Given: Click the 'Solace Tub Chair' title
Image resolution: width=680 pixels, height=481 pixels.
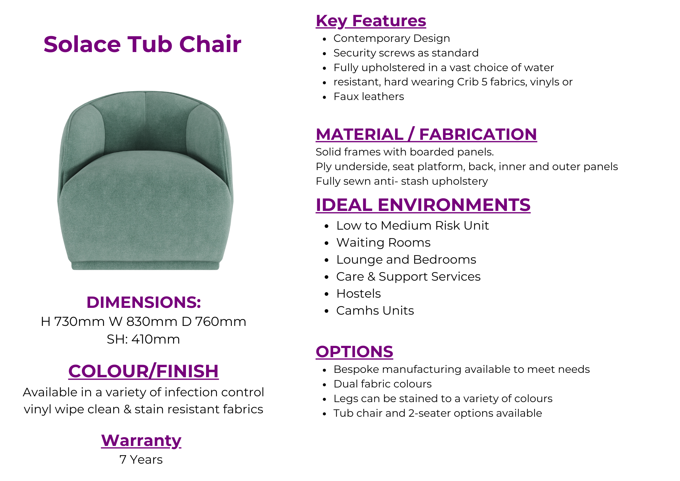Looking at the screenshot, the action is tap(142, 44).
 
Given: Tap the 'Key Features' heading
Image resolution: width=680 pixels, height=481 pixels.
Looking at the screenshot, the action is tap(371, 21).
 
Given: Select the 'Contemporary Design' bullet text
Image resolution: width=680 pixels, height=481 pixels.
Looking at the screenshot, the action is tap(392, 38).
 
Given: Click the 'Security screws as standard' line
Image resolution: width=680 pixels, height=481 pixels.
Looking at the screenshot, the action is tap(406, 53).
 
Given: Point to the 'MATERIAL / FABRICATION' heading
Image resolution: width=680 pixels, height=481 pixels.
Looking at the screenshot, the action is tap(426, 134).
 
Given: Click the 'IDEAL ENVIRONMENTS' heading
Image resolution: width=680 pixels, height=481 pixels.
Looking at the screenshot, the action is tap(423, 205).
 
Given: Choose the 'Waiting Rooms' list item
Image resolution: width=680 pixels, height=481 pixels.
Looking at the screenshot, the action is tap(383, 243).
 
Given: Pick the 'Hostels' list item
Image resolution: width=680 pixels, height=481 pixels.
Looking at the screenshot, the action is tap(358, 294).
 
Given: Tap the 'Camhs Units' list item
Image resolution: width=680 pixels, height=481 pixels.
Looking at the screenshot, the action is tap(375, 311).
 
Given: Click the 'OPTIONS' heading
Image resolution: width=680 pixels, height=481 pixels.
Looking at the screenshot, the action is tap(354, 352).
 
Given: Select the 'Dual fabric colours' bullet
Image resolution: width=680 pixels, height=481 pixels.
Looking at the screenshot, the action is tap(382, 384).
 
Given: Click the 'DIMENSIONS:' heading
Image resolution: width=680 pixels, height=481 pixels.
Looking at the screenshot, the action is tap(143, 302).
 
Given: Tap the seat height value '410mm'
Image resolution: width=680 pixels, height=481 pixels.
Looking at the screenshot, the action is tap(156, 339).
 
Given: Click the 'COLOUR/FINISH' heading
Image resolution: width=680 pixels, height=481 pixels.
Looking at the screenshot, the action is tap(143, 371).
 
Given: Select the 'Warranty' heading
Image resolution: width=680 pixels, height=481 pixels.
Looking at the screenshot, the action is tap(141, 441).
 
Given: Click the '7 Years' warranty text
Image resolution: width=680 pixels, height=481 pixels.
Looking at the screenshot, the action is tap(141, 460).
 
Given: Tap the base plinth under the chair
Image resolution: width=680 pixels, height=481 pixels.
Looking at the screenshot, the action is tap(145, 266).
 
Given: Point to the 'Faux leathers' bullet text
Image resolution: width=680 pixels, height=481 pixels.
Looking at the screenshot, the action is tap(369, 97).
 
